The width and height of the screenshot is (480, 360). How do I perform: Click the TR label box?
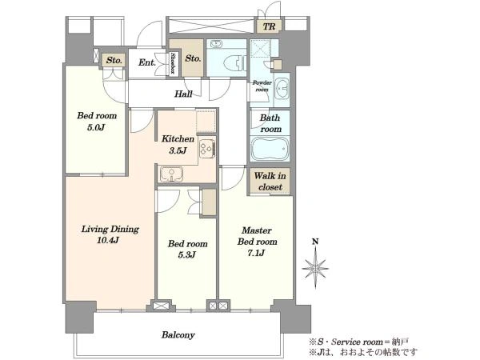tap(269, 26)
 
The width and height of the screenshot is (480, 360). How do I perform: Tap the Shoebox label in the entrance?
tap(173, 63)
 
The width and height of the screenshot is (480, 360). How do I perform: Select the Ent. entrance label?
tap(147, 62)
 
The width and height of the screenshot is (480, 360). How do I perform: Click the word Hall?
tap(183, 94)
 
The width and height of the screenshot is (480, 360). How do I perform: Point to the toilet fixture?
tap(234, 64)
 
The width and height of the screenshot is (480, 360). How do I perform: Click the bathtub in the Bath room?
tap(270, 149)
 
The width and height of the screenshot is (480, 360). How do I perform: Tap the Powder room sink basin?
tap(282, 88)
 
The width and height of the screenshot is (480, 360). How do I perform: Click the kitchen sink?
tap(171, 174)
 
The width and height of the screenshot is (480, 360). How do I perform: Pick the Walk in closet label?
tap(270, 182)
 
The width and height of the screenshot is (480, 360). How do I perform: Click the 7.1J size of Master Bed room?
tap(257, 253)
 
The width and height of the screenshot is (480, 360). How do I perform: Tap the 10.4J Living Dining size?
tap(108, 240)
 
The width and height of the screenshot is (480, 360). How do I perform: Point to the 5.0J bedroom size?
tap(96, 127)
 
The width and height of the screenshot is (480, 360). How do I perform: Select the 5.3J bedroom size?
tap(186, 254)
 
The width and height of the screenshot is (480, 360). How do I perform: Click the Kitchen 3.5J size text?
tap(178, 150)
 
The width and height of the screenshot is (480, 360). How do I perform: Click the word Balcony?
tap(178, 335)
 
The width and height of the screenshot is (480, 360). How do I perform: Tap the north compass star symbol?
tap(315, 269)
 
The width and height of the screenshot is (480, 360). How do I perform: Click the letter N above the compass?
tap(315, 242)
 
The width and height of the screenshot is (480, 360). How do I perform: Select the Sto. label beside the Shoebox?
tap(193, 58)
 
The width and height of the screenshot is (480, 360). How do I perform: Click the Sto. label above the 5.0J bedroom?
tap(114, 60)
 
